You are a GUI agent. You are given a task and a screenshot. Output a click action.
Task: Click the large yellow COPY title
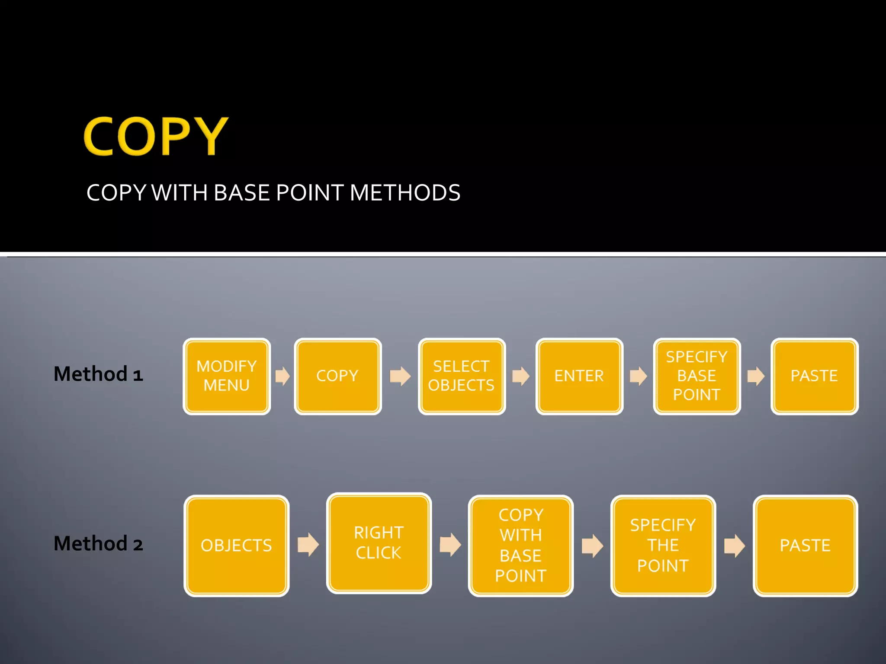point(156,136)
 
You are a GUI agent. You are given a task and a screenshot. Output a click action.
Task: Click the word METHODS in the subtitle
point(405,193)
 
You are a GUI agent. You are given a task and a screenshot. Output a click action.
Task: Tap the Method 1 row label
point(98,374)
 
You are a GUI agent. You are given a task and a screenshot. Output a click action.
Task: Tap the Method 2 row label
point(98,544)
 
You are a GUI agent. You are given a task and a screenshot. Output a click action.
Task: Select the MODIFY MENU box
point(227,376)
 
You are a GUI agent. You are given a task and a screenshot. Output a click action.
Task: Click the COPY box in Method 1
point(337,376)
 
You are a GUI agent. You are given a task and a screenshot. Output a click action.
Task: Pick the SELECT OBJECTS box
point(462,376)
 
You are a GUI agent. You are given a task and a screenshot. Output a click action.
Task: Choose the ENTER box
point(579,376)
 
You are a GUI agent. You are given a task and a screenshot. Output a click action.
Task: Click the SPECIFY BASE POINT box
point(697,376)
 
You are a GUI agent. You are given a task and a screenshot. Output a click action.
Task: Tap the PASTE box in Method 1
point(814,376)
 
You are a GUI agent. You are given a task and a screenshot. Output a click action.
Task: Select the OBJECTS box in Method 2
point(236,546)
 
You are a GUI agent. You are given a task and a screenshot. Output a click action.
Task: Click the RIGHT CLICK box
point(379,543)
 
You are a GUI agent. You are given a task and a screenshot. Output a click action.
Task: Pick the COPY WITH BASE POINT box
point(520,546)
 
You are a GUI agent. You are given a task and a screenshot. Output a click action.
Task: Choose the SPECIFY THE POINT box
point(663,546)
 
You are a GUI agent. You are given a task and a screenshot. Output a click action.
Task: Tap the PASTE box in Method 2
point(805,546)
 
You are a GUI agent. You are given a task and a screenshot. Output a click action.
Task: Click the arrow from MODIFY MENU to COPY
point(282,376)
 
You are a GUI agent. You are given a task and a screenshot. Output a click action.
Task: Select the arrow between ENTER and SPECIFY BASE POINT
point(638,376)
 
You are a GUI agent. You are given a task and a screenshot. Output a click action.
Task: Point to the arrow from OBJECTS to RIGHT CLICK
point(308,545)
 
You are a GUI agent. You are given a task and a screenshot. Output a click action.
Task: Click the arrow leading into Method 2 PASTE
point(735,546)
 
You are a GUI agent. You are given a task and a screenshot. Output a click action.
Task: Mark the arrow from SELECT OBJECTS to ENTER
point(521,376)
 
